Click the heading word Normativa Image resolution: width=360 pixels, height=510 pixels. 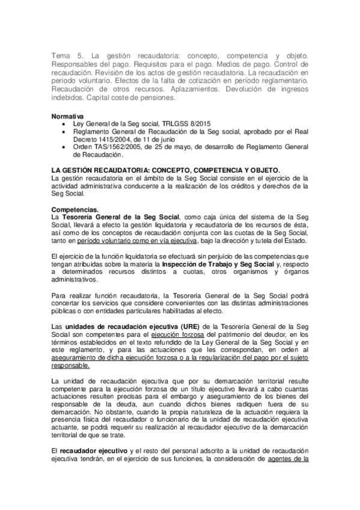tap(67, 114)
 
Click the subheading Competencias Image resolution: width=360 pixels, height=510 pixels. tap(76, 209)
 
